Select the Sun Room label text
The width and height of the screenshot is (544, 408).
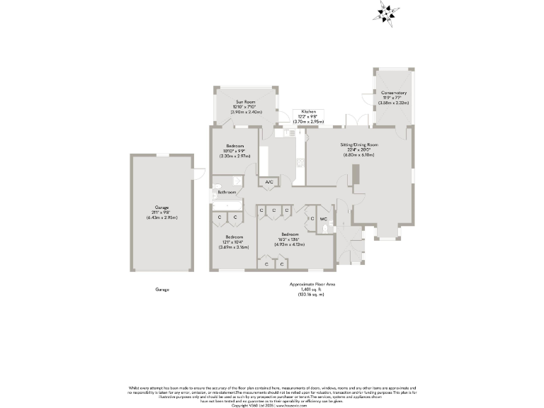click(x=246, y=107)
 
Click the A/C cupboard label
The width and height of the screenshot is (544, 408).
click(x=268, y=183)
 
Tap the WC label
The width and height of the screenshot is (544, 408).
click(x=323, y=220)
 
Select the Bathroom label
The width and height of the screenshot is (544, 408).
click(x=227, y=192)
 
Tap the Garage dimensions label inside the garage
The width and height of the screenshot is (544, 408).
click(x=162, y=212)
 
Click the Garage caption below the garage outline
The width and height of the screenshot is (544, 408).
click(x=162, y=290)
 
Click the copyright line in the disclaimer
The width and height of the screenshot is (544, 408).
click(x=272, y=405)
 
